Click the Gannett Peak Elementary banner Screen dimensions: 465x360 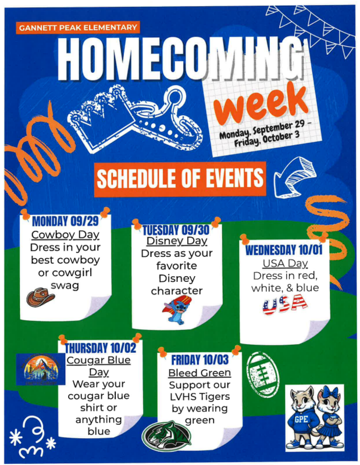pos(77,27)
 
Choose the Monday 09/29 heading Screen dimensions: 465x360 pos(65,221)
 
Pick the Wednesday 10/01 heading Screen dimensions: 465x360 pos(284,251)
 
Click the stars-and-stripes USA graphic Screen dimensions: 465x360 pos(284,303)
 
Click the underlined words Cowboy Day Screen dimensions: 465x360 pos(65,234)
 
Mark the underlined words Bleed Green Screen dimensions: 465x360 pos(199,373)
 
